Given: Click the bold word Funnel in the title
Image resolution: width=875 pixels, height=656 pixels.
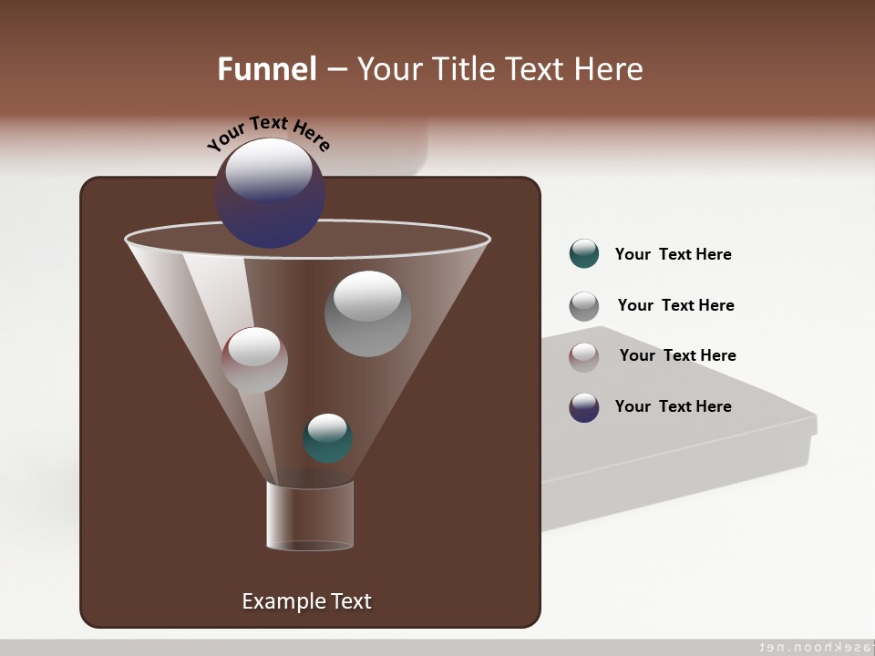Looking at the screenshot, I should pos(267,69).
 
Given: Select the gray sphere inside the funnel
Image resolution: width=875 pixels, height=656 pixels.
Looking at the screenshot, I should pos(367,314).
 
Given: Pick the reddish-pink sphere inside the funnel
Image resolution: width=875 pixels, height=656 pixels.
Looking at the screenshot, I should pos(254,361).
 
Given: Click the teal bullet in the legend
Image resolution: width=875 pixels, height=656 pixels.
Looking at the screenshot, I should pos(584,254).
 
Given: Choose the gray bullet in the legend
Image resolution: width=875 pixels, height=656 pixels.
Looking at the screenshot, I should pos(584,306).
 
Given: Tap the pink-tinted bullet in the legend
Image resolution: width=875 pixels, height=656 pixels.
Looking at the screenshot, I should pos(584,357).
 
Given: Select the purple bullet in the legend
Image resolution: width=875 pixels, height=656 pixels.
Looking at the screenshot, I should pos(584,407).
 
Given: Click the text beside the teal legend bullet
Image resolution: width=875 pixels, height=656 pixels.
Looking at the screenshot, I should pos(673,255).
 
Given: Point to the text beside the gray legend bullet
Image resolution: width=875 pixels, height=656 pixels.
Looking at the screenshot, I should pos(675,306).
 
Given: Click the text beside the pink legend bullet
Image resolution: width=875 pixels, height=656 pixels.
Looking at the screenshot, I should pos(677,356).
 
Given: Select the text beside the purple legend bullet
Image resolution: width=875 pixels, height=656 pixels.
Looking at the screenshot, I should pos(673,406).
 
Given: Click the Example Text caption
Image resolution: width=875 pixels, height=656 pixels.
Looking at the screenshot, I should pos(306,601).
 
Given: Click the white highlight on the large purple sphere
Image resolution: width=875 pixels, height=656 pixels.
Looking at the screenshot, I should pos(268,169).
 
